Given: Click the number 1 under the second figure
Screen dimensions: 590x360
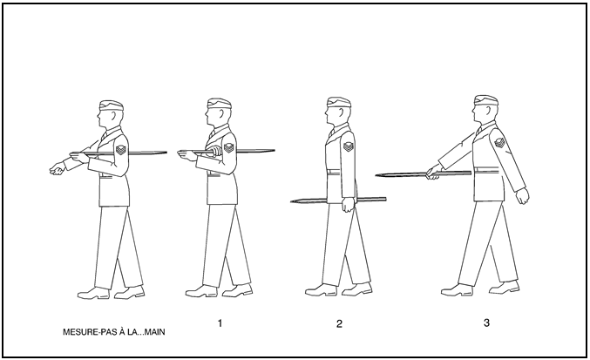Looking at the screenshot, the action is tap(220, 323).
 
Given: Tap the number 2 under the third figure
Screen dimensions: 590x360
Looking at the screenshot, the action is tap(339, 324).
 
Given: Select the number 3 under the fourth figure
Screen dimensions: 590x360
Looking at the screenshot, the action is tap(486, 323).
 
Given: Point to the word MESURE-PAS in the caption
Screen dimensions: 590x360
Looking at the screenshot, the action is tap(86, 332).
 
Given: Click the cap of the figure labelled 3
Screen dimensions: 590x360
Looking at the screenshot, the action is tap(486, 100).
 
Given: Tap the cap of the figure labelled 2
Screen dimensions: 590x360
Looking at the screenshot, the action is tap(339, 102).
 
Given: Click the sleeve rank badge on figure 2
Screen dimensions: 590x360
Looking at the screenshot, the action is tap(348, 146).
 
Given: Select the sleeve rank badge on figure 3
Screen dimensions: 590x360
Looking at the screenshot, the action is tap(500, 143).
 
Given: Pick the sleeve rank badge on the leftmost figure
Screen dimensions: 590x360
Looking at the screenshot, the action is tap(120, 150).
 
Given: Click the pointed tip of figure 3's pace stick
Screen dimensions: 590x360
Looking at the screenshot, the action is tap(376, 175).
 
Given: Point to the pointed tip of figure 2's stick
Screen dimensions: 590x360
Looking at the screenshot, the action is tap(291, 201).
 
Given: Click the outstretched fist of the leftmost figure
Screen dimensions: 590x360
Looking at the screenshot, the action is tap(58, 169).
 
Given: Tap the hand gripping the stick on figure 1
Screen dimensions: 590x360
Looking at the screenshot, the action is tap(215, 151).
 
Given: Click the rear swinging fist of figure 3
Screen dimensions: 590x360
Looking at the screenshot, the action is tap(522, 196).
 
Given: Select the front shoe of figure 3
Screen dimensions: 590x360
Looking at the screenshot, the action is tap(457, 290).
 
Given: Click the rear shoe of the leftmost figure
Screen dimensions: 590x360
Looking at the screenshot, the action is tap(130, 293).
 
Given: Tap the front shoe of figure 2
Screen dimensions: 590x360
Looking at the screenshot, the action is tap(321, 290).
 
